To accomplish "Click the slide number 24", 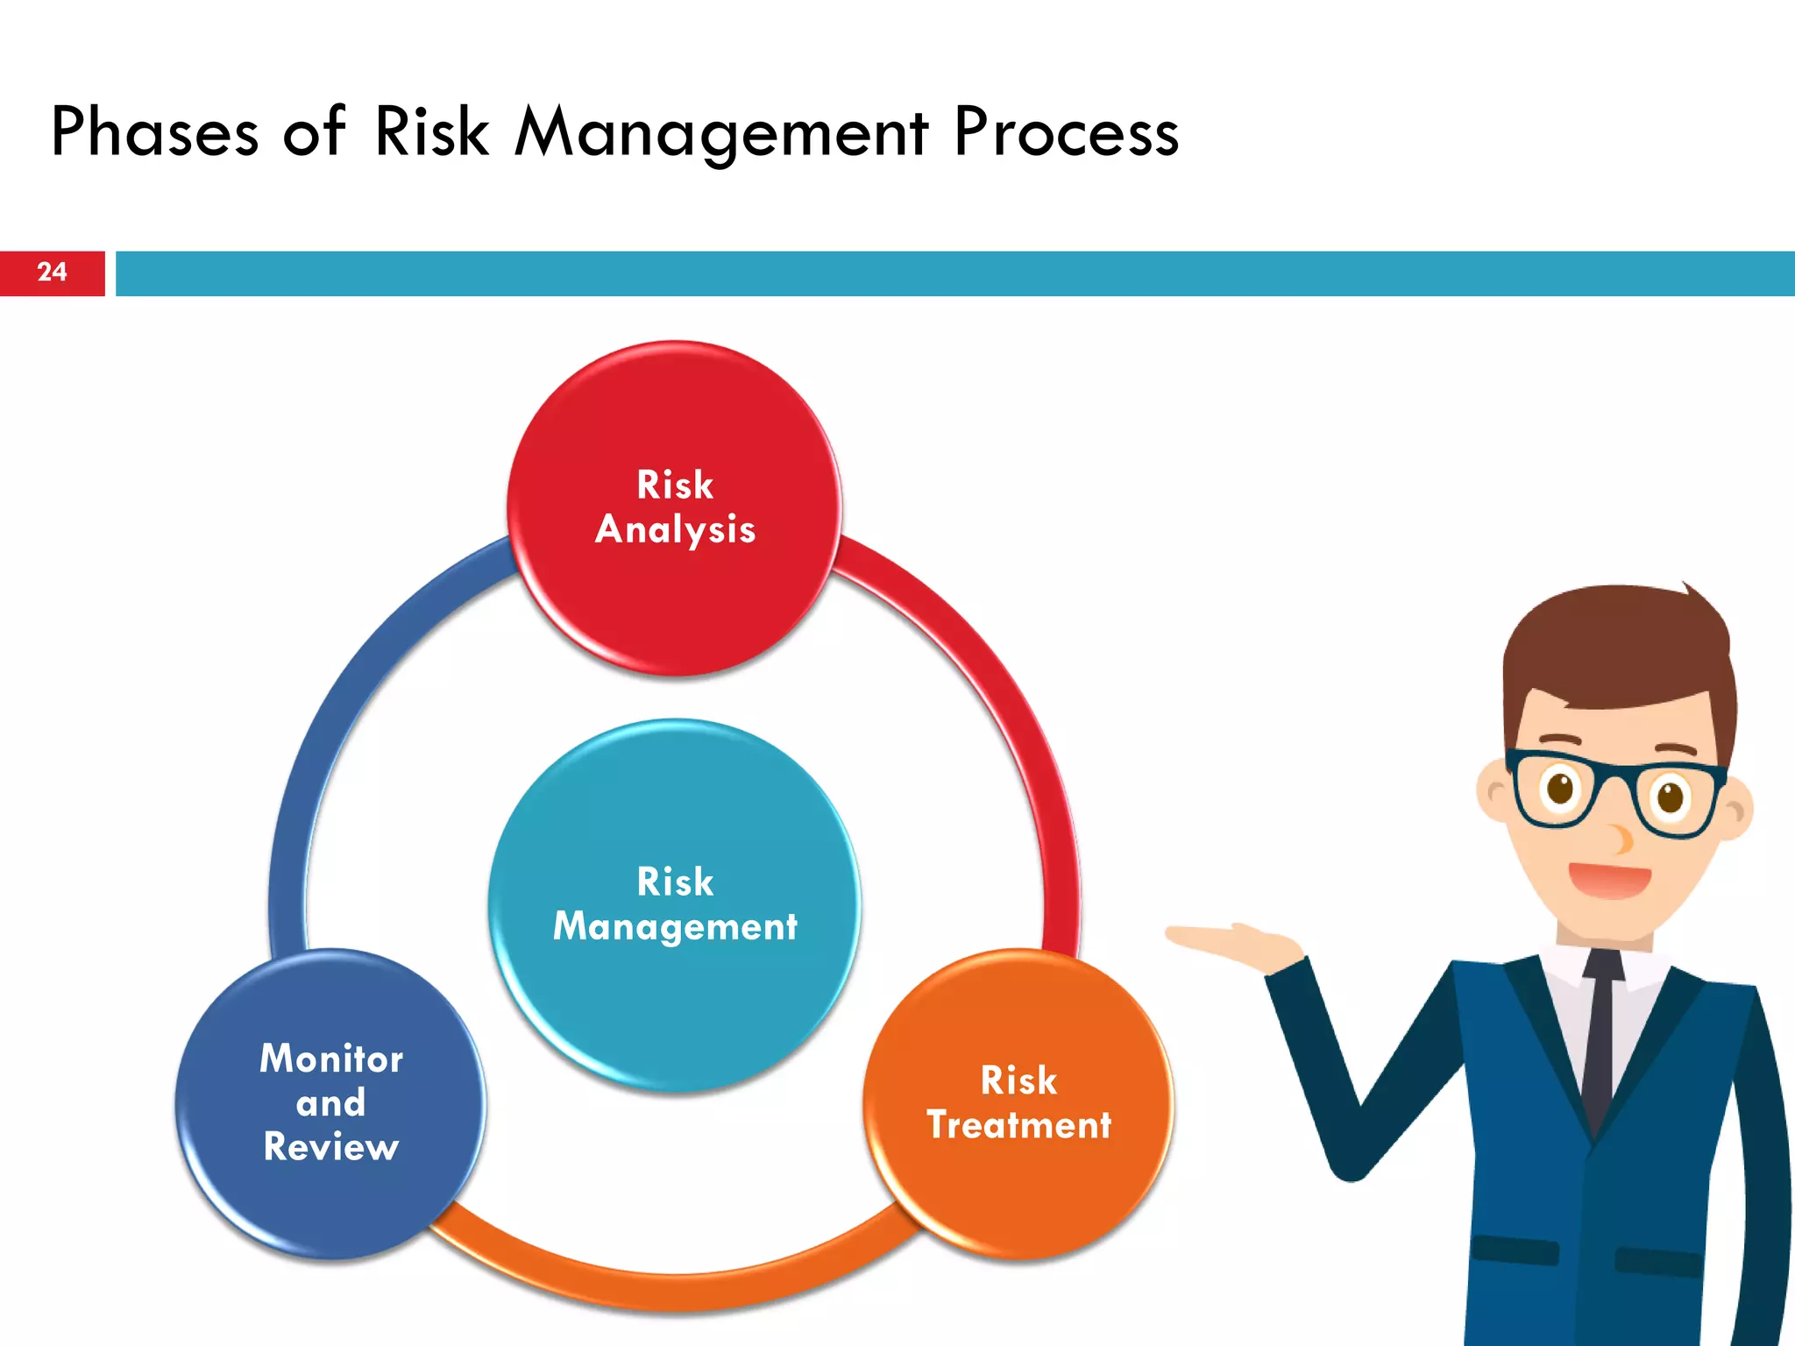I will pos(52,273).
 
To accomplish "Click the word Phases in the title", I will pos(154,132).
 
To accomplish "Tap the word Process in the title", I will pos(1066,132).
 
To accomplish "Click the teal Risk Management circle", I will pos(674,1008).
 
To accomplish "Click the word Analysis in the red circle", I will pos(675,530).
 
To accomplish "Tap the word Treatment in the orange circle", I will pos(1018,1125).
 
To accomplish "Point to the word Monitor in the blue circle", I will pos(331,1059).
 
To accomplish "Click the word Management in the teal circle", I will pos(675,927).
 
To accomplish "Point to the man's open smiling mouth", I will pos(1609,879).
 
